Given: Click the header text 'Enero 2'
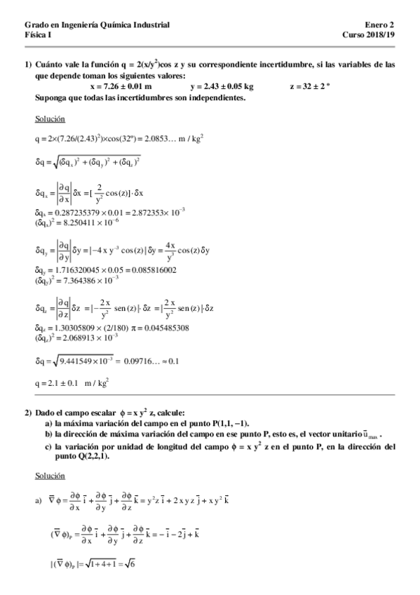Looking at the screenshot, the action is [x=383, y=25].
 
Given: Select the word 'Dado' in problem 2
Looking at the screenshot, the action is [x=45, y=411].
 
